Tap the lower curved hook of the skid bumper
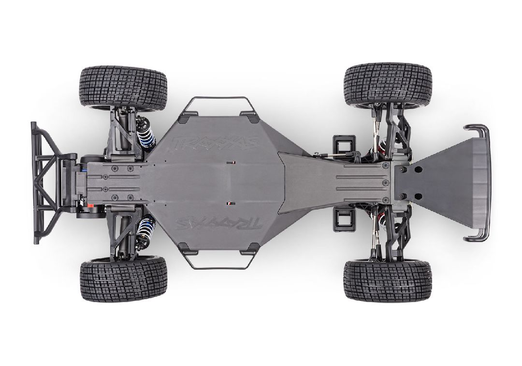point(476,235)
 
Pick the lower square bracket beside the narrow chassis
point(344,219)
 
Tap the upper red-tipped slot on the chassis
point(231,163)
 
